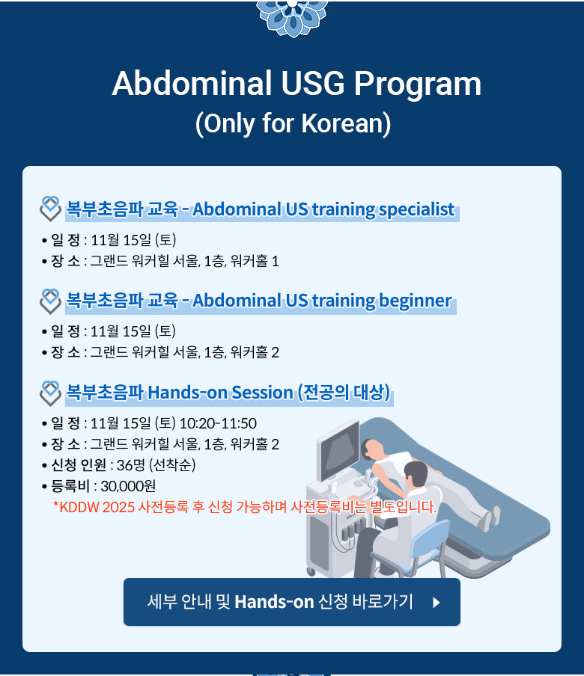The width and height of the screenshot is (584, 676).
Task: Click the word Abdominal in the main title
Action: [x=192, y=83]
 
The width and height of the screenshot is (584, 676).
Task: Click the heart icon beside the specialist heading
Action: [x=50, y=209]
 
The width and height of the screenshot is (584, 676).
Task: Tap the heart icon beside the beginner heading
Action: [x=50, y=301]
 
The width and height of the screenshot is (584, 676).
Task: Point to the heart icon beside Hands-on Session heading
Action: [x=50, y=393]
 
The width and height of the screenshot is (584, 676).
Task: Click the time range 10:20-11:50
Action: [x=218, y=423]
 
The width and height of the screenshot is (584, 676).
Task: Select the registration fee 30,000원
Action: [x=128, y=486]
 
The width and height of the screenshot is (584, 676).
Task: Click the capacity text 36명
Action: [x=131, y=465]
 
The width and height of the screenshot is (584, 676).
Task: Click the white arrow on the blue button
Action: [x=437, y=602]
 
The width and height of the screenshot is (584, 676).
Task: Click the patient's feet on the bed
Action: [x=490, y=517]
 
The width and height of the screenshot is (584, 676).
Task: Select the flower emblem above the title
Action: [x=292, y=16]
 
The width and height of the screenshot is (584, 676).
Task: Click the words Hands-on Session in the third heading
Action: [x=220, y=393]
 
